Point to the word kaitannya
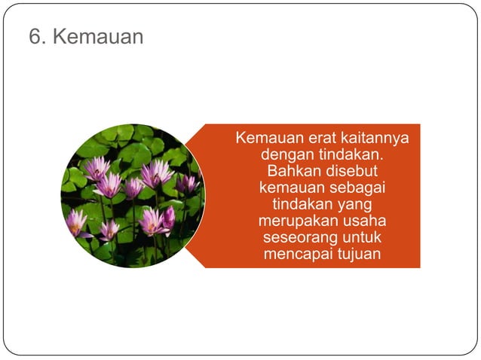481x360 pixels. [x=376, y=139]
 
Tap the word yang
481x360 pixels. [x=357, y=204]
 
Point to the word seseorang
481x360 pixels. [x=299, y=237]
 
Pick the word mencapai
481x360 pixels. [x=298, y=254]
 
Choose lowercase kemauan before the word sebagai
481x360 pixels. [x=290, y=188]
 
